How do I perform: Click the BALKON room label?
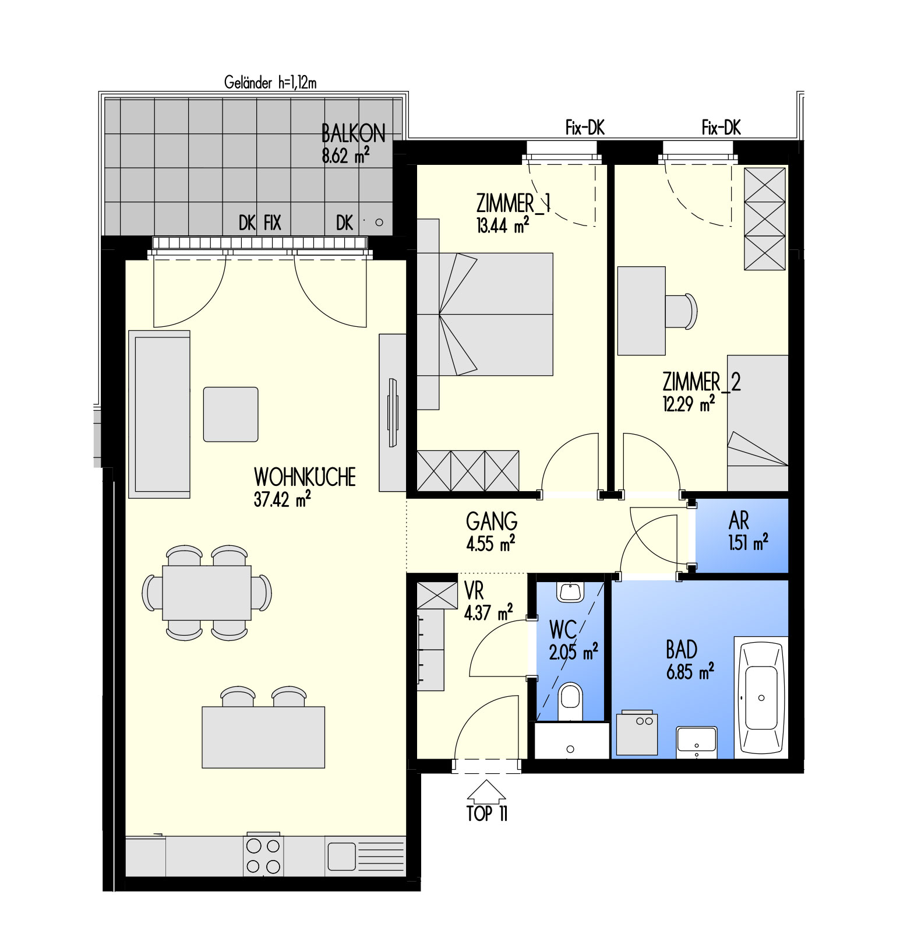(354, 133)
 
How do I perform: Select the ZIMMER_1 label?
(513, 203)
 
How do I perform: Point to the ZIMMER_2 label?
(702, 382)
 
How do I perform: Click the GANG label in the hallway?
(492, 521)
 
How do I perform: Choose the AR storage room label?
(739, 520)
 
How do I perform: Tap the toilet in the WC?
(570, 702)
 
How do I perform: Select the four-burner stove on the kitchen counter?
(263, 855)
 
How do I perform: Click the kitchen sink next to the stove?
(341, 857)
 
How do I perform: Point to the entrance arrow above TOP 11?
(486, 791)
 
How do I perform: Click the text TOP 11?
(487, 813)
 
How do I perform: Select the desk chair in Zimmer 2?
(681, 311)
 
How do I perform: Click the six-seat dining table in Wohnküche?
(207, 593)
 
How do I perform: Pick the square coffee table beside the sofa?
(231, 414)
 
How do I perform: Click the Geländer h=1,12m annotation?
(270, 83)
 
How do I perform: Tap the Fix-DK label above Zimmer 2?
(721, 128)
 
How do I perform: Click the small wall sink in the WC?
(570, 591)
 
